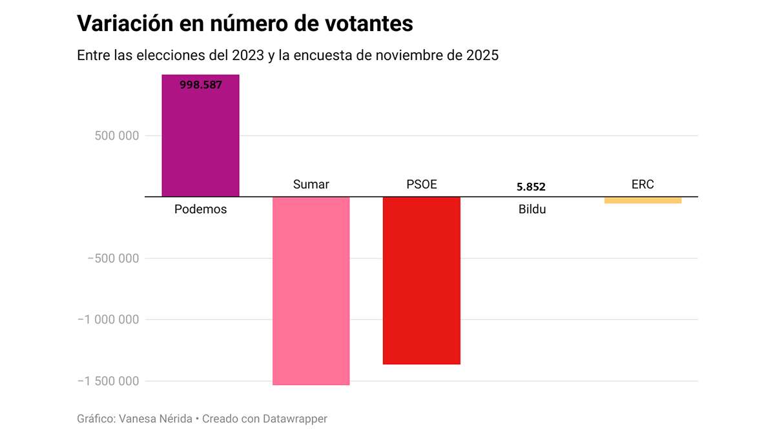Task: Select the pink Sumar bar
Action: pos(311,291)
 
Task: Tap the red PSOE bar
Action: pos(421,280)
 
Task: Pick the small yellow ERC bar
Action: pos(643,200)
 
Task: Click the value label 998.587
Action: pos(200,84)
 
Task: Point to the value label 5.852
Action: pos(531,187)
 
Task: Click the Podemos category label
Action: pos(200,210)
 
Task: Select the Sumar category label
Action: pos(311,185)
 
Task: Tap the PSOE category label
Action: pos(421,185)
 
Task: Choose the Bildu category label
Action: pos(532,210)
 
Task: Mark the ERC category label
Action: pos(643,185)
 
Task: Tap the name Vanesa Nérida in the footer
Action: pos(156,419)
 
